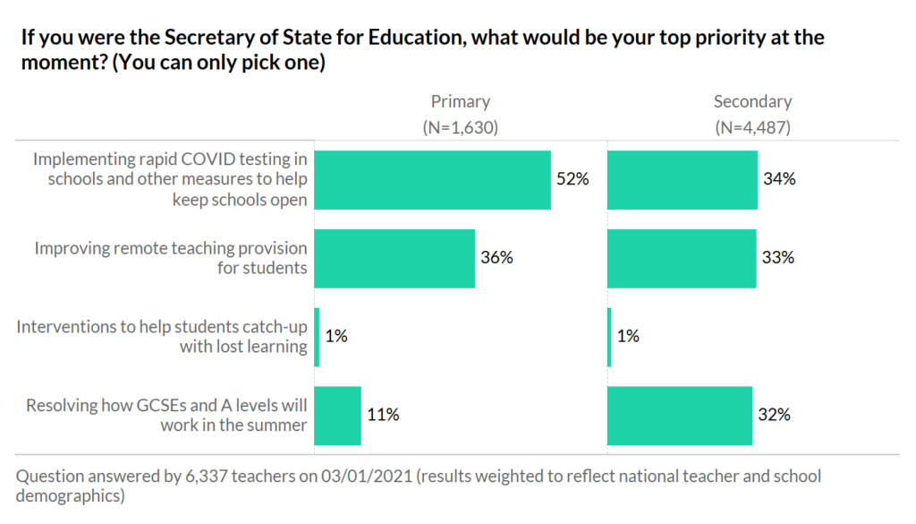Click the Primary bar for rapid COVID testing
point(432,179)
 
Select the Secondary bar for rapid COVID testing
point(682,179)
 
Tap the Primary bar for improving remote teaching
point(394,258)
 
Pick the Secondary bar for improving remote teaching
point(681,258)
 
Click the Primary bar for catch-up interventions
point(317,337)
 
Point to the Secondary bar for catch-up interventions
point(609,337)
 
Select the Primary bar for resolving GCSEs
point(337,416)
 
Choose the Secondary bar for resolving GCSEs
point(679,416)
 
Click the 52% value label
point(572,179)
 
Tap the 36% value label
point(496,258)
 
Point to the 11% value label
point(383,416)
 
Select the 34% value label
point(779,179)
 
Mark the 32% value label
point(774,416)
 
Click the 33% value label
point(777,258)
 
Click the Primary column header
point(461,101)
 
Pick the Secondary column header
point(752,101)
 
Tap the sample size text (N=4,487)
point(752,127)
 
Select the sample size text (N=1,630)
point(460,127)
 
